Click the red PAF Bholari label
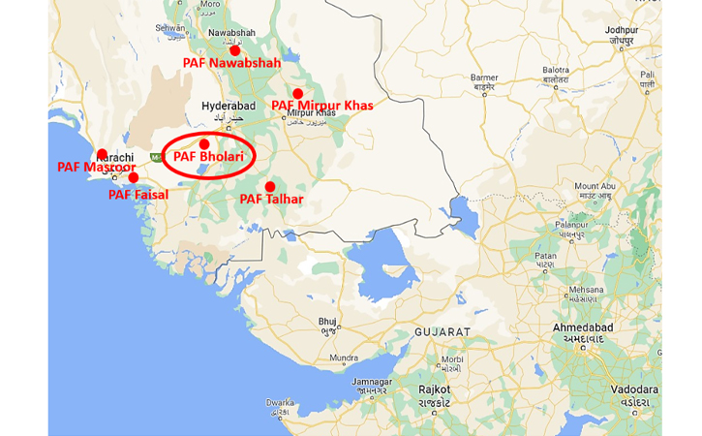[x=208, y=157]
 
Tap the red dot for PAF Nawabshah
[x=235, y=49]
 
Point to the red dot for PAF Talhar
[x=270, y=187]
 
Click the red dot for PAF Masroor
[x=102, y=154]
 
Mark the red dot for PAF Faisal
[x=134, y=177]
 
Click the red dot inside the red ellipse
[x=204, y=144]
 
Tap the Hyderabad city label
[x=227, y=106]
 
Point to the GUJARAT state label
[x=442, y=332]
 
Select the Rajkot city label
[x=433, y=389]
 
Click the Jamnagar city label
[x=371, y=382]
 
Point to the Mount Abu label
[x=595, y=186]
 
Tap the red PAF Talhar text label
[x=272, y=200]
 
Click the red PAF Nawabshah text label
[x=232, y=63]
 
